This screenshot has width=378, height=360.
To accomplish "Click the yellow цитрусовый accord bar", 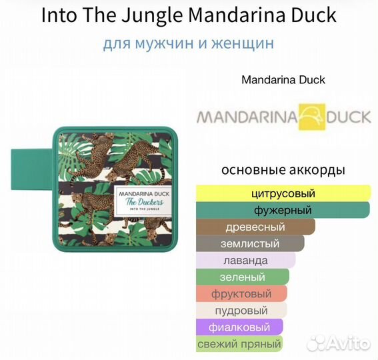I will [x=283, y=194].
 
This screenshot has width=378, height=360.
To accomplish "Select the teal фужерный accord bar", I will [x=283, y=211].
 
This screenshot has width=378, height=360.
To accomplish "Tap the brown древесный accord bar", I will [x=255, y=227].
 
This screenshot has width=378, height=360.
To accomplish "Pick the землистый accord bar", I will [x=250, y=244].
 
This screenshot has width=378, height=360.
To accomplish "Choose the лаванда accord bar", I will [x=246, y=261].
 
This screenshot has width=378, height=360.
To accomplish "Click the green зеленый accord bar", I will [x=242, y=277].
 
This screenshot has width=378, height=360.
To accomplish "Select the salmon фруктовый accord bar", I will [x=241, y=294].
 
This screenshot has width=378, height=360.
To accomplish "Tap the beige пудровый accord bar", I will [x=241, y=311].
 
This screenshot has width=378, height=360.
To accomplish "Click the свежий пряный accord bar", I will [x=239, y=344].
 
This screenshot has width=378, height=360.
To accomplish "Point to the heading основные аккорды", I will [x=283, y=170].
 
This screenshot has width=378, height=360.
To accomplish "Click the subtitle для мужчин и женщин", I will [x=189, y=44].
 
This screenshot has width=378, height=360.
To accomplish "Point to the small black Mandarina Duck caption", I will [x=283, y=80].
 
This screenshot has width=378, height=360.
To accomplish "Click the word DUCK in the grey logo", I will [x=348, y=117].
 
